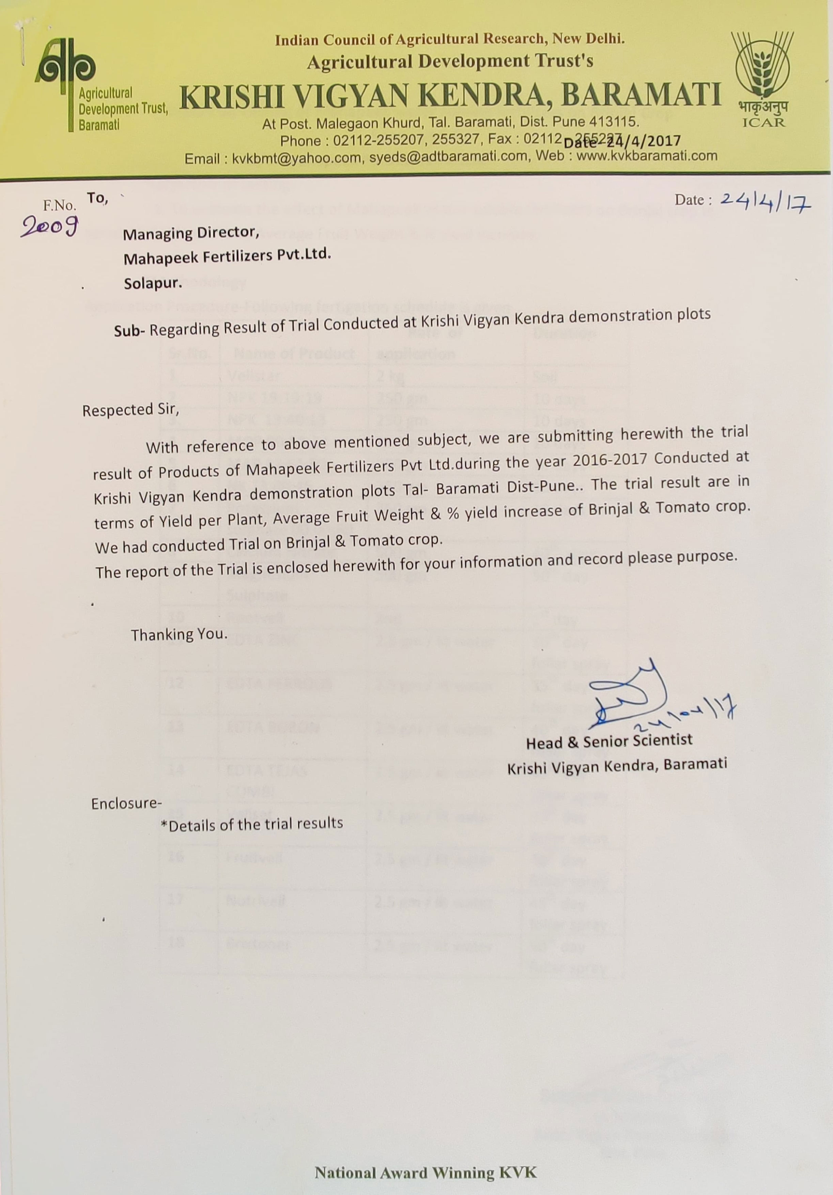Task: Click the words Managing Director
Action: [x=190, y=233]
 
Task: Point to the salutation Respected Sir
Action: [x=130, y=411]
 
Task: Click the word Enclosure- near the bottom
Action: [x=126, y=803]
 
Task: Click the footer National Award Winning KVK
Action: [x=425, y=1172]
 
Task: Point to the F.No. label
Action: [x=59, y=205]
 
